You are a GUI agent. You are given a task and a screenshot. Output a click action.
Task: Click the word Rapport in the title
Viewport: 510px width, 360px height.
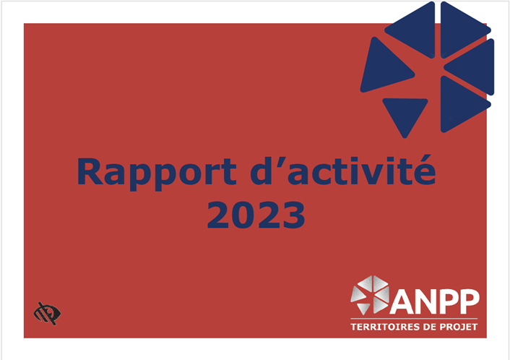(157, 173)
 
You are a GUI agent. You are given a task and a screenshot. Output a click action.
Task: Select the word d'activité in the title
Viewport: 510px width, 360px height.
(343, 170)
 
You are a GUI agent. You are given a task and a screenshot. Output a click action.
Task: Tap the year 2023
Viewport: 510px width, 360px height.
(256, 215)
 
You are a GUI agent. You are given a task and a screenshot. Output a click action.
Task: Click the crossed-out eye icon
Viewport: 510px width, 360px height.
(47, 314)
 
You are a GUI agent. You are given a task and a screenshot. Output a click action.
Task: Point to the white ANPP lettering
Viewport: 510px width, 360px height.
(434, 301)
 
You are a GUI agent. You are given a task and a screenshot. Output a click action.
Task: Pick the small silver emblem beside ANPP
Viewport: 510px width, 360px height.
(370, 295)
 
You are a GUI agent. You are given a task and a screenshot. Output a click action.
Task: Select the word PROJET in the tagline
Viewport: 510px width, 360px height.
(459, 327)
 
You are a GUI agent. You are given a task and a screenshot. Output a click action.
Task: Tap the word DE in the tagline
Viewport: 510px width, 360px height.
(427, 327)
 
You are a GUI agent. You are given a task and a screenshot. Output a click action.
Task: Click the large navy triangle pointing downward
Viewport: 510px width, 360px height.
(405, 114)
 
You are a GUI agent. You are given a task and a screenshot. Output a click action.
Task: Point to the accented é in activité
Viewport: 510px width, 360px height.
(423, 171)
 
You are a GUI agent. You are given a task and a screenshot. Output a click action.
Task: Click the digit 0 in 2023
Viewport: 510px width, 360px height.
(243, 215)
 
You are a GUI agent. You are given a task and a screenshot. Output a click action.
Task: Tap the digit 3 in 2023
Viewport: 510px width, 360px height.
(293, 215)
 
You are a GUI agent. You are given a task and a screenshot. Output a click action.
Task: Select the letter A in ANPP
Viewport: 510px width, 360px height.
(402, 301)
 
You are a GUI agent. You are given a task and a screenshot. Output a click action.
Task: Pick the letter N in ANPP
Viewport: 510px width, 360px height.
(425, 301)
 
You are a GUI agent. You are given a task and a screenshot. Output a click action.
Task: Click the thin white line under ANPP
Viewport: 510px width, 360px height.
(414, 319)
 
